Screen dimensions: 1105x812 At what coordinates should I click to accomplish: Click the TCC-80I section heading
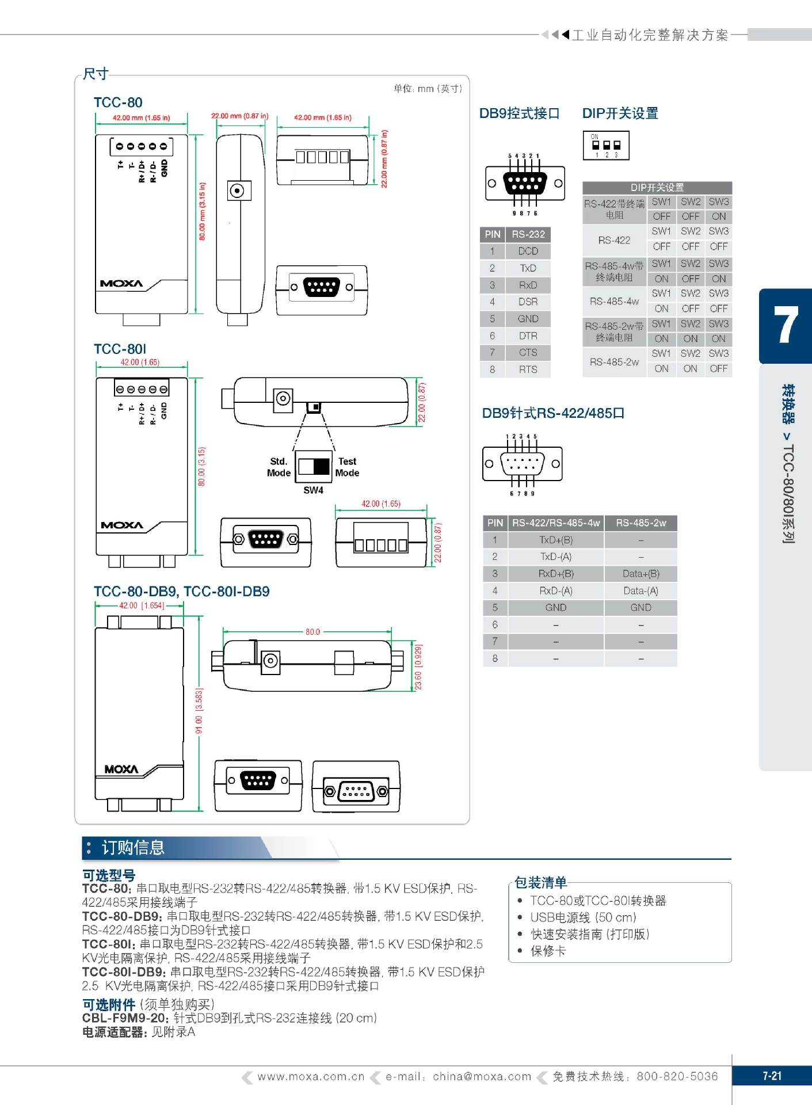120,349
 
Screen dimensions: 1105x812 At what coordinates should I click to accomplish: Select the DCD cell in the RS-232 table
528,251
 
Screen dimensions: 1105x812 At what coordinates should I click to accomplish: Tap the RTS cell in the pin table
528,369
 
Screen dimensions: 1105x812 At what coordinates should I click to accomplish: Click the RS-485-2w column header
641,523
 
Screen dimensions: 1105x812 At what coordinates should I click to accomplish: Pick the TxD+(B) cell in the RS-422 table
555,540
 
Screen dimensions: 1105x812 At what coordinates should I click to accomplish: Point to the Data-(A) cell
641,590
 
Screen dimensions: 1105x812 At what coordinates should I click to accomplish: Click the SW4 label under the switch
313,490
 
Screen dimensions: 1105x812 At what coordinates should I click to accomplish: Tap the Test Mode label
347,467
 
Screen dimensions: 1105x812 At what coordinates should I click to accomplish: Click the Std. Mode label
279,467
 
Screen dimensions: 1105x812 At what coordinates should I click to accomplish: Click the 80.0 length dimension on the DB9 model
312,631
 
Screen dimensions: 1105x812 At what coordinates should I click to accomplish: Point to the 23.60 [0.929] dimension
418,667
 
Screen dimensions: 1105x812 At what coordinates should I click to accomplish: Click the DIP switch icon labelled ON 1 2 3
606,146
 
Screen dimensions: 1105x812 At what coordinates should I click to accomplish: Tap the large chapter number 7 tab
786,326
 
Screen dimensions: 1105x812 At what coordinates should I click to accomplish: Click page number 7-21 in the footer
772,1076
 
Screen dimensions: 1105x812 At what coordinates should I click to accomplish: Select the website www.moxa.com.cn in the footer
311,1076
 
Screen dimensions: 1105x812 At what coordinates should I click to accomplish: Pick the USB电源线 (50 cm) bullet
583,917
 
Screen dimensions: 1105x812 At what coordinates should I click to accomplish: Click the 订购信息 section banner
133,848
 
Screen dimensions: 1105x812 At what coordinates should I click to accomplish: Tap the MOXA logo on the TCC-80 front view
121,284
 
